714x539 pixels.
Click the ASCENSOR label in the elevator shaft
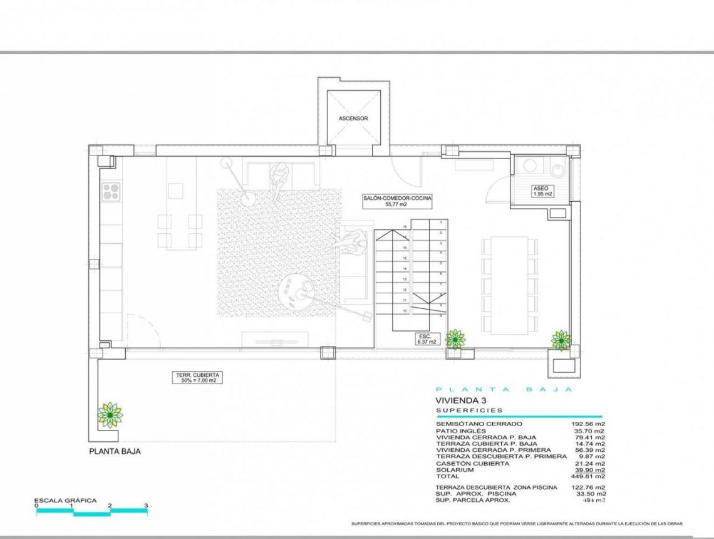click(353, 118)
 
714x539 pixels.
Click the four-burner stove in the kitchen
click(111, 191)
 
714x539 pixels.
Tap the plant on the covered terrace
click(110, 414)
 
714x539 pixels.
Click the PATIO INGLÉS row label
click(461, 431)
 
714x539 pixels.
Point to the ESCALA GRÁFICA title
click(65, 500)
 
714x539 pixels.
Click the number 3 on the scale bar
click(146, 505)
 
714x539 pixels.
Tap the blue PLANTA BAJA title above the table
click(504, 389)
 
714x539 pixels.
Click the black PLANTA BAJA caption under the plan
click(115, 451)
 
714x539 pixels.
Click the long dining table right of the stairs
click(509, 285)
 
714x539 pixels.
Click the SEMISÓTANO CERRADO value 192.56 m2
click(589, 424)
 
